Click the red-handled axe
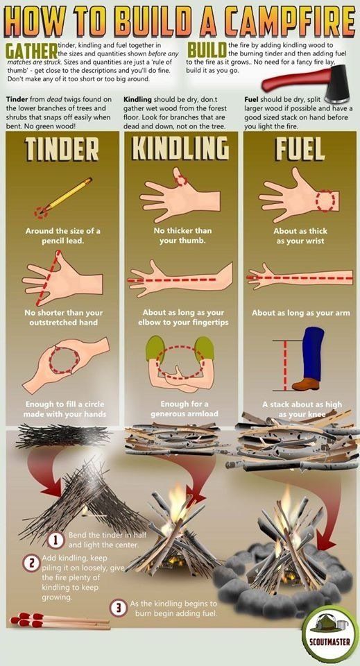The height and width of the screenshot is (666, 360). pyautogui.click(x=304, y=84)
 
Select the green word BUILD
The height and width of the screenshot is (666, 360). pyautogui.click(x=206, y=51)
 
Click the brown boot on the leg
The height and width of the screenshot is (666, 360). pyautogui.click(x=306, y=384)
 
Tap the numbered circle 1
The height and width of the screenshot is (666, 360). pyautogui.click(x=55, y=540)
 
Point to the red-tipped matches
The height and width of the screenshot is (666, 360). pyautogui.click(x=60, y=620)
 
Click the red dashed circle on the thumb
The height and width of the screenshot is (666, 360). pyautogui.click(x=181, y=180)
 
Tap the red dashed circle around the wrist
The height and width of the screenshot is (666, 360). pyautogui.click(x=325, y=200)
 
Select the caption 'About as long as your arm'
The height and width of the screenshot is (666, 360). pyautogui.click(x=301, y=313)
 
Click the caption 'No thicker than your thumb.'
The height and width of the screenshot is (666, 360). pyautogui.click(x=182, y=236)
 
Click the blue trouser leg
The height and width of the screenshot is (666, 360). pyautogui.click(x=313, y=353)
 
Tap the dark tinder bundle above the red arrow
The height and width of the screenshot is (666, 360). pyautogui.click(x=62, y=436)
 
